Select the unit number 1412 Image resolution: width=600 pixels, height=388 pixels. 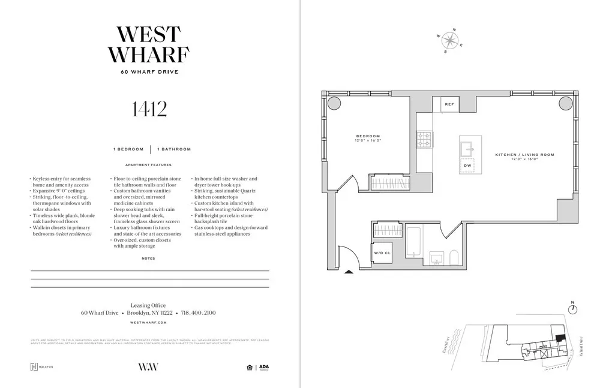(x=149, y=109)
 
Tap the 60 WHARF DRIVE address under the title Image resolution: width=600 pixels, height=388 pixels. (x=149, y=72)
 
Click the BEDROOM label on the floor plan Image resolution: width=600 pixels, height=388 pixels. (x=368, y=136)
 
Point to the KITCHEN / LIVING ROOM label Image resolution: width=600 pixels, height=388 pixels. (x=524, y=155)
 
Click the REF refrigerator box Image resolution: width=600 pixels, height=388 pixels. (x=449, y=104)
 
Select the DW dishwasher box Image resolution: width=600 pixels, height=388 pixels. (x=468, y=166)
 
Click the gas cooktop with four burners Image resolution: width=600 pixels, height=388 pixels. (x=424, y=140)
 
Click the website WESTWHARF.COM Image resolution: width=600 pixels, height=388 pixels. (x=148, y=323)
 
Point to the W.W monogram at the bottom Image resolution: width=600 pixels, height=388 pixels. (x=148, y=367)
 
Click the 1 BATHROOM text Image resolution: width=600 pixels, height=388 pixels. (x=174, y=149)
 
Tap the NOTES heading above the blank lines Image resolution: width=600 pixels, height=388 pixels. (x=148, y=258)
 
